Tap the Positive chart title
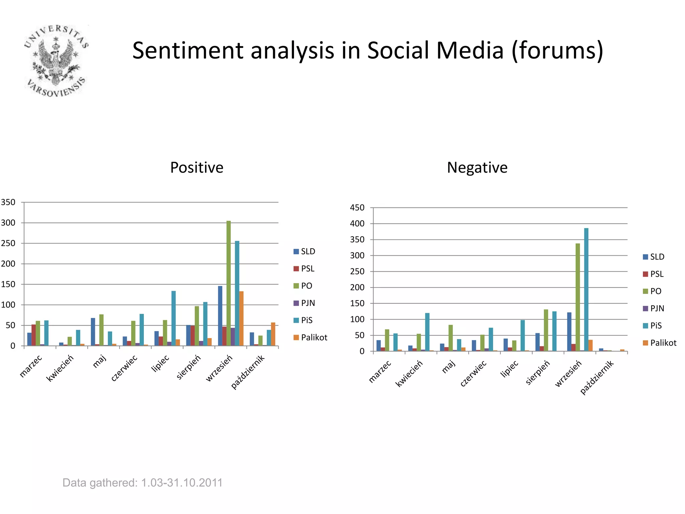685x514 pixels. (197, 167)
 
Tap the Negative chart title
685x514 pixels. (477, 167)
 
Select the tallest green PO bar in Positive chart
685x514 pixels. (228, 283)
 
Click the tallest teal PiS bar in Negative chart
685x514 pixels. (586, 289)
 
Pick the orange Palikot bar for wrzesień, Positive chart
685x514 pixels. (241, 318)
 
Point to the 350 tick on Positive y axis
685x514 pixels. (8, 202)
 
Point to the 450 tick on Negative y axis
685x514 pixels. (357, 208)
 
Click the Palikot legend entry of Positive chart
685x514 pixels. (310, 337)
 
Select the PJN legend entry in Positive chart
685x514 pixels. (304, 303)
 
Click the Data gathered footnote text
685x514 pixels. (142, 483)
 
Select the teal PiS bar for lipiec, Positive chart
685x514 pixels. (174, 318)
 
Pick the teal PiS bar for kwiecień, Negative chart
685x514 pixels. (427, 332)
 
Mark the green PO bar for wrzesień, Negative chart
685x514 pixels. (578, 297)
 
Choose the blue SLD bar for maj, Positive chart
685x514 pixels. (93, 332)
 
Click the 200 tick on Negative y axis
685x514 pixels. (357, 287)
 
